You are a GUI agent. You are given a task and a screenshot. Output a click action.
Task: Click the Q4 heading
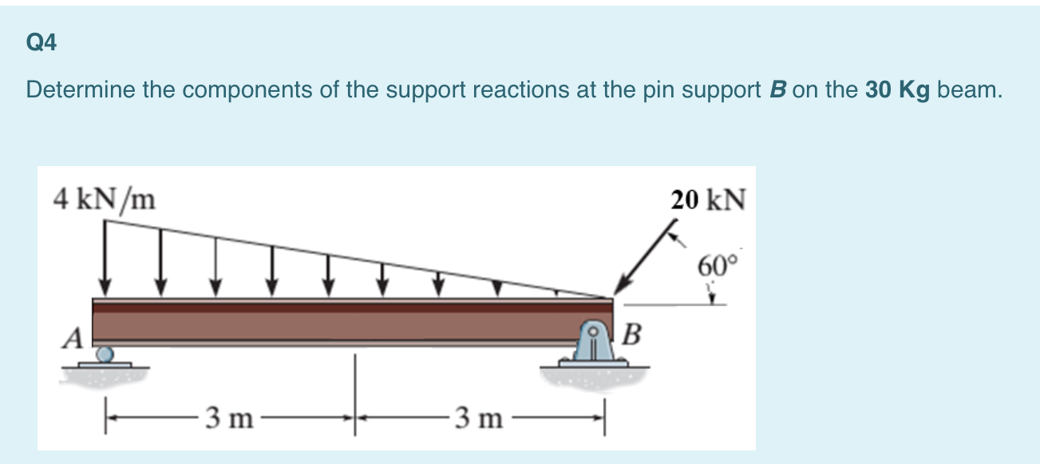click(42, 44)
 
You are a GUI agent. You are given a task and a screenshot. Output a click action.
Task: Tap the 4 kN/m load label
click(104, 198)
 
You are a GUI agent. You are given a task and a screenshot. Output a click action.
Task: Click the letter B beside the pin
click(631, 332)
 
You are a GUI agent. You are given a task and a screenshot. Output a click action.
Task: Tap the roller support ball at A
click(105, 353)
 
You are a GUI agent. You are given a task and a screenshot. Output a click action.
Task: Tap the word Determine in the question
click(81, 89)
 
